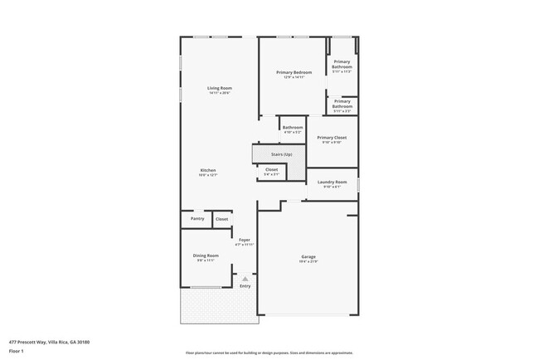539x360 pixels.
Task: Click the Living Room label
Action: coord(220,88)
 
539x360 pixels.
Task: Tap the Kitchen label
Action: coord(207,170)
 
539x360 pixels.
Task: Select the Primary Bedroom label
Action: coord(294,72)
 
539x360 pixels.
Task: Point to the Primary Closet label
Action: coord(332,137)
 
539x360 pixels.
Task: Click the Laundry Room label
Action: coord(332,181)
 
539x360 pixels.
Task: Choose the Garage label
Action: coord(308,257)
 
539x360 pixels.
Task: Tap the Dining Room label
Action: coord(206,255)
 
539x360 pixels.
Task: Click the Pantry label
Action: coord(197,219)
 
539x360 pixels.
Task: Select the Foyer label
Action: coord(244,240)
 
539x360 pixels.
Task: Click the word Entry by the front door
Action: coord(245,286)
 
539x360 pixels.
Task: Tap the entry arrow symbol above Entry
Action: coord(245,279)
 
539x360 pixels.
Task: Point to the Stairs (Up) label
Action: coord(282,154)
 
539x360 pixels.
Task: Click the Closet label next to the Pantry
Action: coord(222,219)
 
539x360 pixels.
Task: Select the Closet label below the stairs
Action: coord(272,169)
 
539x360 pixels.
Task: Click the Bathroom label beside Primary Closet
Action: coord(293,127)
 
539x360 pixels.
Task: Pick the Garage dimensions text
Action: coord(308,262)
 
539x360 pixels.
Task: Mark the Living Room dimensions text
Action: coord(220,93)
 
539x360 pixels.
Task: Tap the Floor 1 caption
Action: coord(17,351)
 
